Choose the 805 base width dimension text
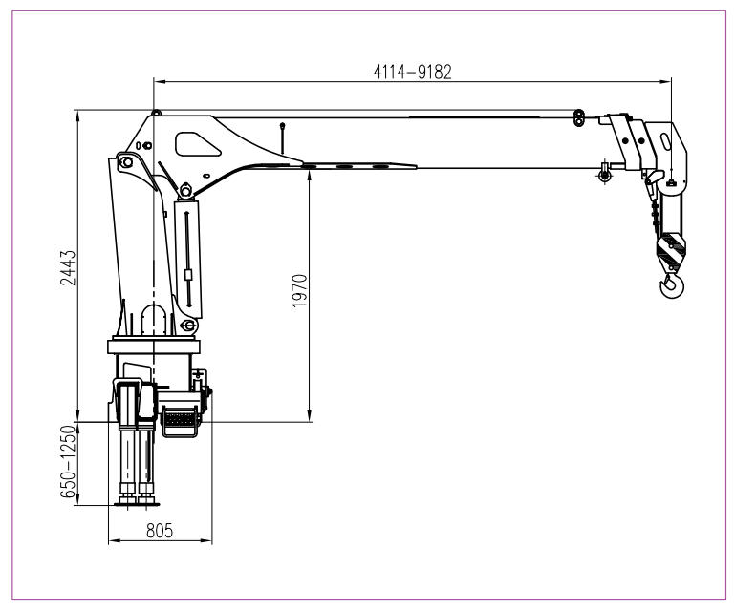tap(160, 532)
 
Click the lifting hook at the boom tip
tap(672, 284)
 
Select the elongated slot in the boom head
tap(663, 140)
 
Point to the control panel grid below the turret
tap(180, 417)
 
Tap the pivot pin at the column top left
tap(123, 162)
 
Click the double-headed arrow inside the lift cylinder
tap(188, 248)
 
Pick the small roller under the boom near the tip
tap(603, 173)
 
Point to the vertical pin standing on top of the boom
tap(282, 134)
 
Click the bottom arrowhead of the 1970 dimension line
tap(310, 415)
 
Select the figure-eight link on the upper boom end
tap(579, 116)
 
